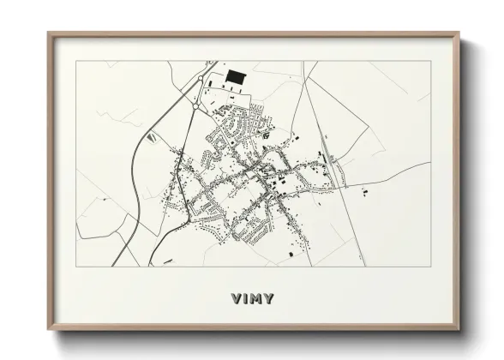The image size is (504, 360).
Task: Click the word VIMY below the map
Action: coord(252,298)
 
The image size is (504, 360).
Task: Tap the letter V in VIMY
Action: coord(236,298)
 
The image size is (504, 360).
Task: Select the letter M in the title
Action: coord(255,298)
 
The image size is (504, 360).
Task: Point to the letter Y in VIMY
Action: coord(269,298)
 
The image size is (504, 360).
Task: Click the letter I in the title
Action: coord(244,298)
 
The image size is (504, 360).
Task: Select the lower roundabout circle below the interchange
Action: coord(199,105)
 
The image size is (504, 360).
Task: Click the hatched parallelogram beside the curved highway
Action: coord(153,135)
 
